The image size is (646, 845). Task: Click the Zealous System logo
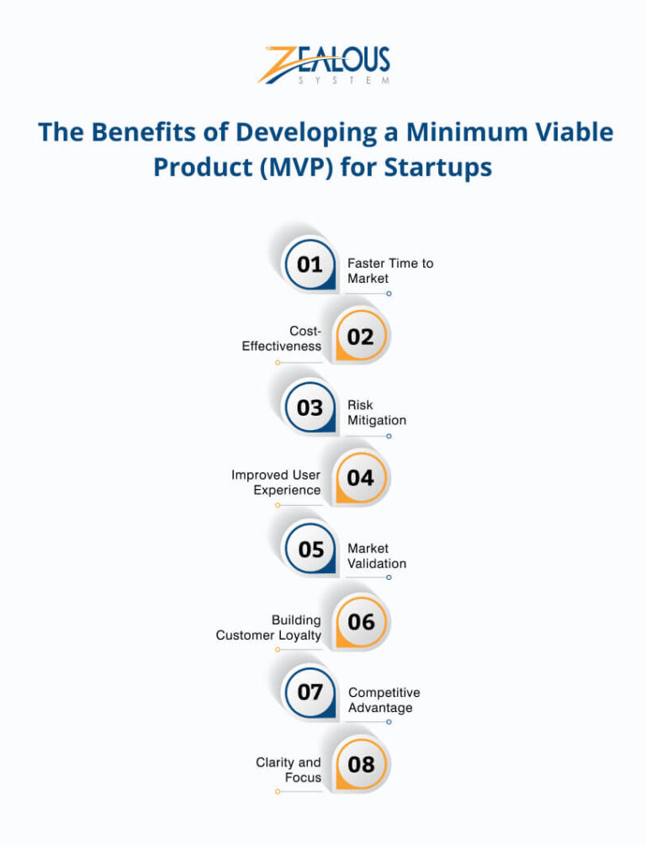tap(323, 65)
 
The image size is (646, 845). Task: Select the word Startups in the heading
tap(437, 167)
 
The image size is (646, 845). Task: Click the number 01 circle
tap(310, 264)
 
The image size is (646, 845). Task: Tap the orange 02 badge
tap(361, 337)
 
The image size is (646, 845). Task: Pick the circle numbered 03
tap(310, 407)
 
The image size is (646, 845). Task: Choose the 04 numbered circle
tap(361, 478)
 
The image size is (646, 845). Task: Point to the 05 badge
tap(310, 550)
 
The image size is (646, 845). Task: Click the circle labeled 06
tap(361, 622)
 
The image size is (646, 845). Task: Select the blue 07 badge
tap(310, 693)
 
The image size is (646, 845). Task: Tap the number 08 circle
tap(361, 764)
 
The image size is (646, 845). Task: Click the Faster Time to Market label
tap(390, 271)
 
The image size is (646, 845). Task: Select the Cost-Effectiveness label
tap(282, 338)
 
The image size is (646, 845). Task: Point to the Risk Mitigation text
tap(377, 412)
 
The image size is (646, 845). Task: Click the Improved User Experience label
tap(276, 482)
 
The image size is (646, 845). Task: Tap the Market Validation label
tap(377, 555)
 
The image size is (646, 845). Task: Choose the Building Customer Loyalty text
tap(268, 628)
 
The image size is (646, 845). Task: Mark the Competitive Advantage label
tap(384, 700)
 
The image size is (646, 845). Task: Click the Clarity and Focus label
tap(289, 770)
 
